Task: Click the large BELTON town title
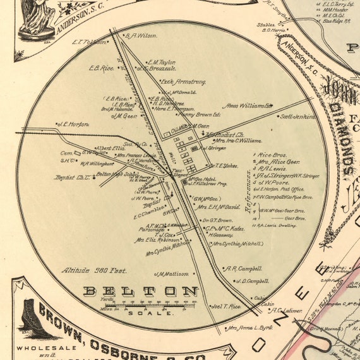(141, 291)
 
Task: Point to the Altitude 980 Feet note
(94, 270)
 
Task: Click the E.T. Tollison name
(89, 42)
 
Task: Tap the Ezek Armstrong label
(183, 81)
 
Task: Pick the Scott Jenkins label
(297, 116)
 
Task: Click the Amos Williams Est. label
(249, 106)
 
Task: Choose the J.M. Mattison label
(171, 273)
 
